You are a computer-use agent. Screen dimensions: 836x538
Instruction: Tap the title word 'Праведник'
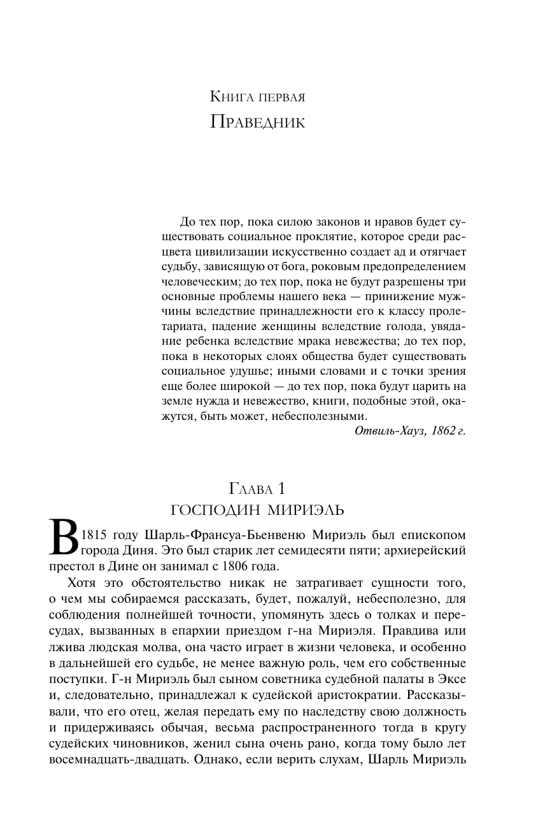click(x=258, y=121)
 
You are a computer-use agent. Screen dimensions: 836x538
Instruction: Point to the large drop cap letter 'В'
click(x=64, y=537)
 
